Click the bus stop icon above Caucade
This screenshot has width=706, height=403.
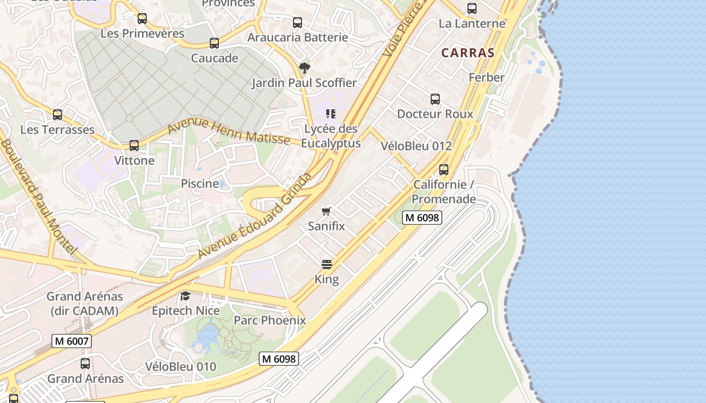click(214, 43)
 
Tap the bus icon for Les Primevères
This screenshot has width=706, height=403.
click(142, 19)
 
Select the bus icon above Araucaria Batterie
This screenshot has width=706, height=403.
click(298, 23)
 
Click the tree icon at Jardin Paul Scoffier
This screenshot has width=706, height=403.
click(304, 68)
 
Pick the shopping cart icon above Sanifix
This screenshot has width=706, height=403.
click(327, 211)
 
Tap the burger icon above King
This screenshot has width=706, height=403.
click(327, 264)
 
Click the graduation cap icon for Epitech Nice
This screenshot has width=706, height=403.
click(186, 296)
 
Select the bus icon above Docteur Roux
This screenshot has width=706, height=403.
click(435, 99)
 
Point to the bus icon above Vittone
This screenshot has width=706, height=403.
click(134, 146)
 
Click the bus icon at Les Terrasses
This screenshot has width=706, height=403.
click(57, 115)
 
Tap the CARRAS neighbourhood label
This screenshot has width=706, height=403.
click(467, 53)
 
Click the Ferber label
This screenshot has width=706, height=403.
click(487, 78)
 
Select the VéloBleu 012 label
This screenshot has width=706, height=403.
click(416, 146)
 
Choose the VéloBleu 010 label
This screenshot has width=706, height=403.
click(181, 367)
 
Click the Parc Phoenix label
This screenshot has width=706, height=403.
click(270, 320)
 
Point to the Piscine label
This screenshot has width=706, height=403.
click(200, 184)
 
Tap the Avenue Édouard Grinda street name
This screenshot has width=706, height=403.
click(254, 217)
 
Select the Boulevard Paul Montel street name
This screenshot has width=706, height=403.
click(38, 196)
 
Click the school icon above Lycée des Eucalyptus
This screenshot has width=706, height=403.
click(331, 114)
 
